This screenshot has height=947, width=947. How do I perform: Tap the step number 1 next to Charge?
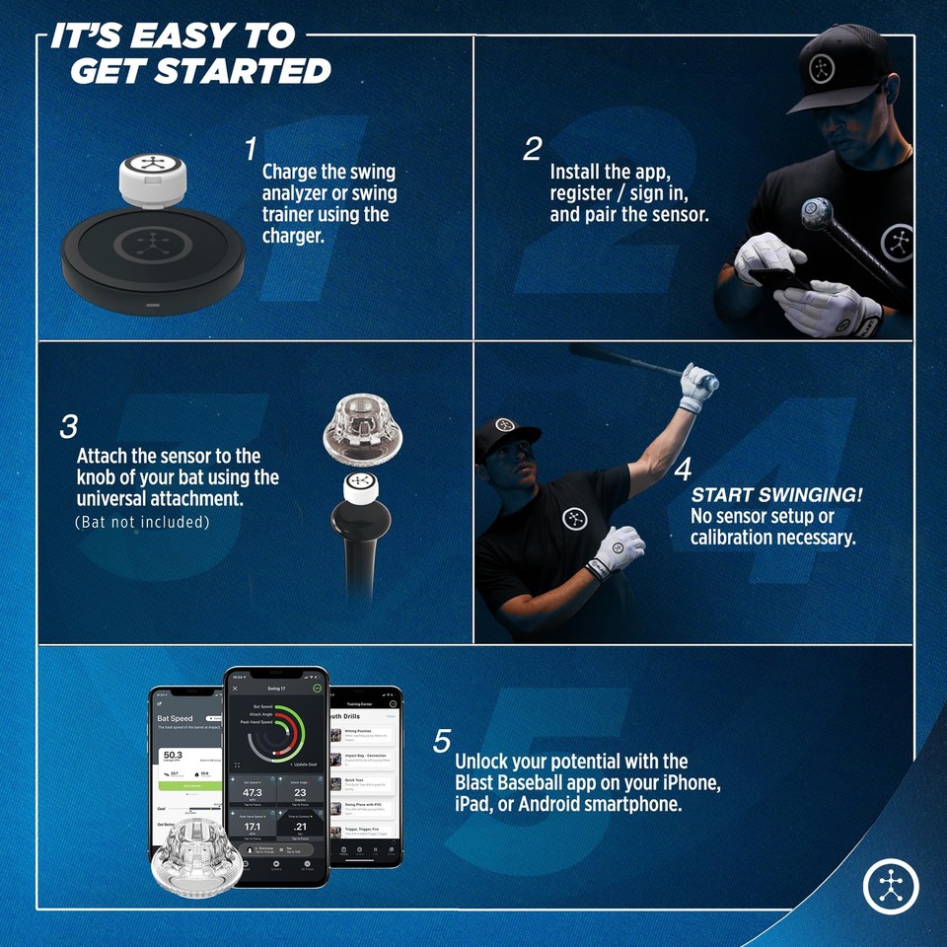[251, 149]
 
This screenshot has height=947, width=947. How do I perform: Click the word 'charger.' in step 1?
[293, 237]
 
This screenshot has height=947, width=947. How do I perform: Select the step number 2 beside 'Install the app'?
[533, 149]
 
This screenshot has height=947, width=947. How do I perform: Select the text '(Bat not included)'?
[142, 522]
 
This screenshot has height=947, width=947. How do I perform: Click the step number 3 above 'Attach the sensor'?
[68, 427]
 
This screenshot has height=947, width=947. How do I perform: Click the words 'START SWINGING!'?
[776, 495]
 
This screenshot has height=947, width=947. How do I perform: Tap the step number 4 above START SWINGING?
[683, 470]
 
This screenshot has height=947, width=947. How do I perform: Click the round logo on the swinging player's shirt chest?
[575, 518]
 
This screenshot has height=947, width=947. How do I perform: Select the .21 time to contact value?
[300, 827]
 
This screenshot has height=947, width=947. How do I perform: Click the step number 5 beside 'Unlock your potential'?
[442, 742]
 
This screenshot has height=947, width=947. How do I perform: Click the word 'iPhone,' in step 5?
[692, 783]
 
